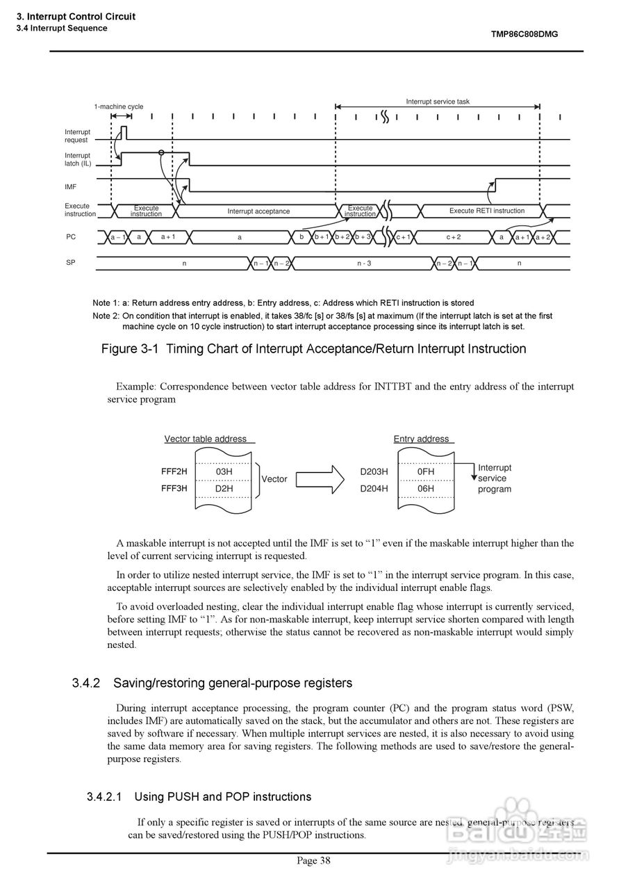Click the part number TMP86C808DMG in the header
(x=524, y=33)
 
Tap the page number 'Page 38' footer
(x=314, y=861)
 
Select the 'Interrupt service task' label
(x=438, y=102)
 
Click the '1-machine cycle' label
(x=119, y=106)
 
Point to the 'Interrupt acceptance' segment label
(x=258, y=211)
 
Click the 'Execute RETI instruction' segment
(x=486, y=211)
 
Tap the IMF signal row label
(x=71, y=187)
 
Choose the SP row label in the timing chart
(x=71, y=264)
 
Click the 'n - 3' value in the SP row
(x=364, y=264)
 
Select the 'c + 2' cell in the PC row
(x=453, y=237)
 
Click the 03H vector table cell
(x=224, y=471)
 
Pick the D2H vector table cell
(x=224, y=488)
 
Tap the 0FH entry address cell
(x=425, y=471)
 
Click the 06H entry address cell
(x=425, y=488)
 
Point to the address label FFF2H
(x=174, y=471)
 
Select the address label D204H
(x=374, y=488)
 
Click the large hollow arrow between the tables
(x=325, y=478)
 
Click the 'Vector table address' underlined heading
(x=206, y=439)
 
